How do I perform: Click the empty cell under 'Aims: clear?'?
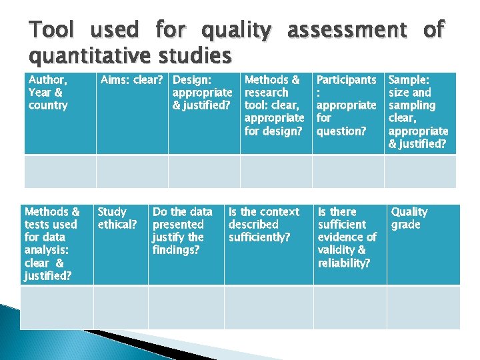(x=132, y=171)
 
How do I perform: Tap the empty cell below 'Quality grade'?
(x=423, y=307)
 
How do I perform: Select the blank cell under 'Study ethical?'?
(x=121, y=307)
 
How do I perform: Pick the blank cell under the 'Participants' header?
(x=348, y=171)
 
